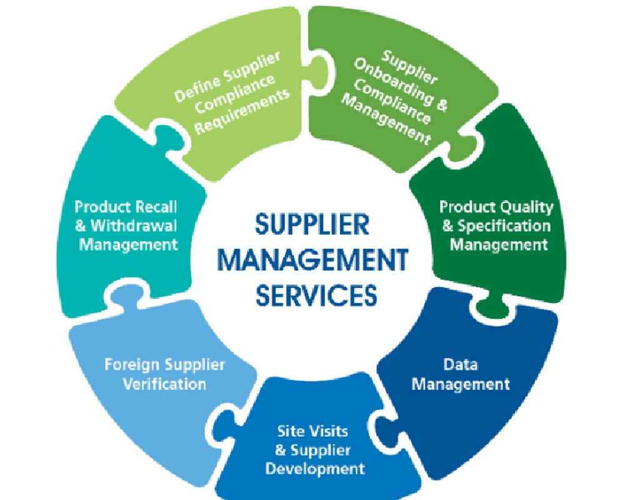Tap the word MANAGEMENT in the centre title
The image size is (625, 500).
tap(314, 259)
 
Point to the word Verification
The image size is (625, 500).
tap(164, 382)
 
